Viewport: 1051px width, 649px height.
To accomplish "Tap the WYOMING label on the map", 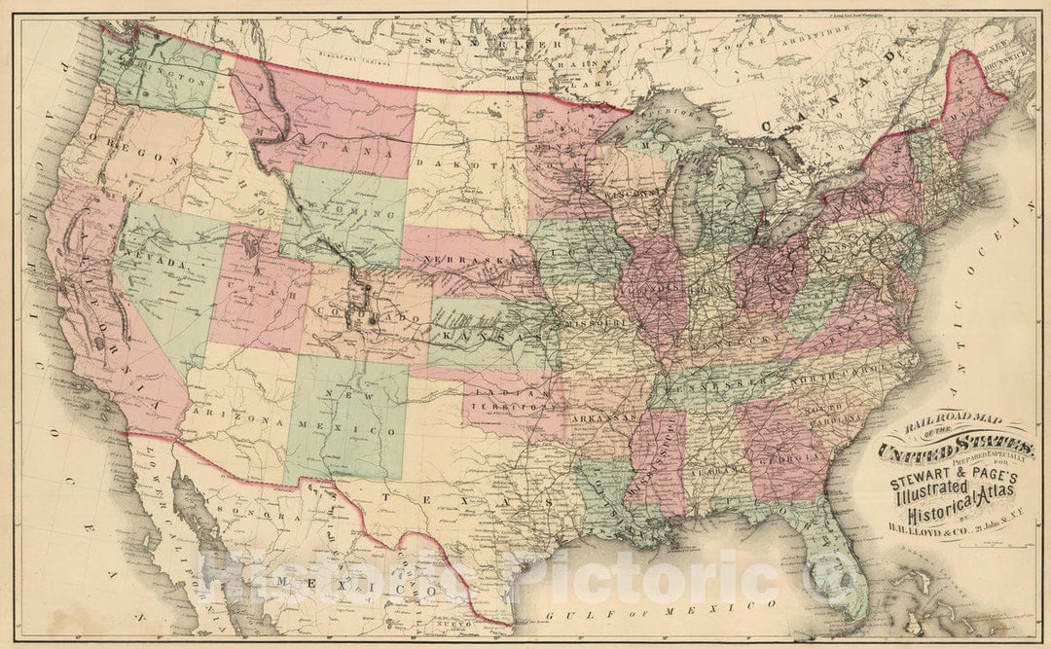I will pyautogui.click(x=333, y=209).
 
